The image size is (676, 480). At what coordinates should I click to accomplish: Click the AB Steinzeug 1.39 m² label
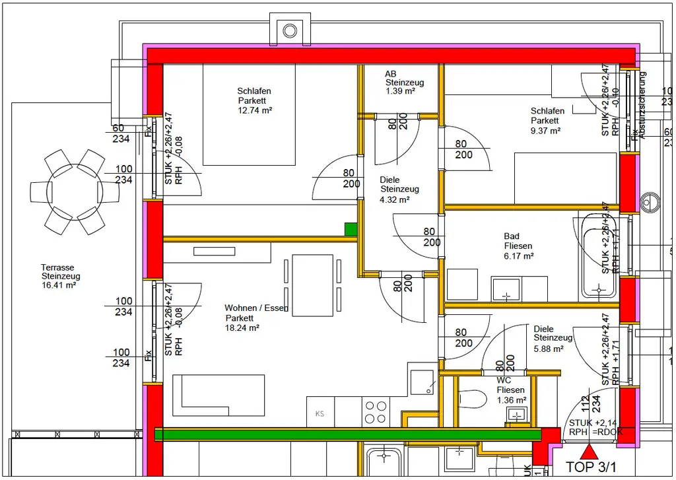coord(405,83)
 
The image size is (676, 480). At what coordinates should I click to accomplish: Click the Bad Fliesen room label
coord(518,246)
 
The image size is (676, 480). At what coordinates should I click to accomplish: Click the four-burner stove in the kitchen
coord(376,412)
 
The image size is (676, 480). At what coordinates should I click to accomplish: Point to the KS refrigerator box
coord(320,413)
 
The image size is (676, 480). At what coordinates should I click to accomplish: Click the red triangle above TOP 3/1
coord(588,452)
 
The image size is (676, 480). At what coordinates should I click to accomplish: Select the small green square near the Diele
coord(351,229)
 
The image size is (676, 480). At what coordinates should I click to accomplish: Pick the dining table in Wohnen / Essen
coord(312,286)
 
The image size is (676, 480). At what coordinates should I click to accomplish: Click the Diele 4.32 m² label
coord(399,189)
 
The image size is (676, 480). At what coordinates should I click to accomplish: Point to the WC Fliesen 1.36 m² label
coord(511,390)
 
